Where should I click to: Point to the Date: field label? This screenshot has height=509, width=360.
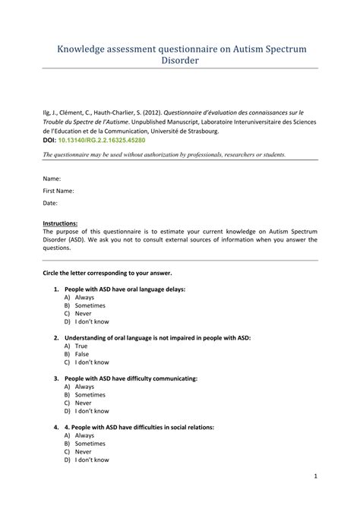(51, 204)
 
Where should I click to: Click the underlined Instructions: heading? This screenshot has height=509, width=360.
(61, 223)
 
